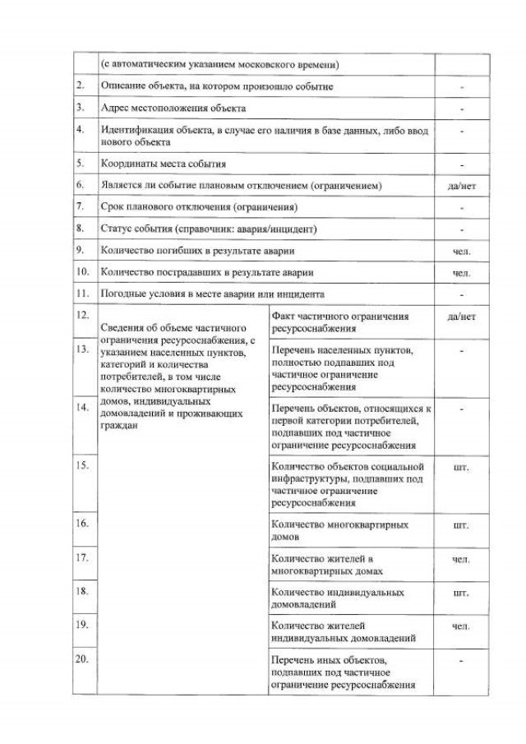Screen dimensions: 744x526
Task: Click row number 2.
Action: (x=80, y=85)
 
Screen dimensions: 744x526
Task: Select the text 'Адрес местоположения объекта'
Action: (x=173, y=108)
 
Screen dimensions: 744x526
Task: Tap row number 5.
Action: (x=80, y=164)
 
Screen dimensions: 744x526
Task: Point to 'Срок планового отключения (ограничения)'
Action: (x=199, y=207)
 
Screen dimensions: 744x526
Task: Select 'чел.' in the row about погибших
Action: (x=461, y=251)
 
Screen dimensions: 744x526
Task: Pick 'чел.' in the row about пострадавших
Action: (x=461, y=272)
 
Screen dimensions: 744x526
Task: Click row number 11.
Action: (x=81, y=293)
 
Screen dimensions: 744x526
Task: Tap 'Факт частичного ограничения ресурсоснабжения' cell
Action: (x=339, y=322)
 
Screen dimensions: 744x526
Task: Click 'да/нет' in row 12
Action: (x=461, y=316)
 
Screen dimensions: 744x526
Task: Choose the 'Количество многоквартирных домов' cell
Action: (x=339, y=530)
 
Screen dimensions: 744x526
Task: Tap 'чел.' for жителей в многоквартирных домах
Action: (x=461, y=559)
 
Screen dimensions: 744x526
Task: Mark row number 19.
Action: (x=81, y=625)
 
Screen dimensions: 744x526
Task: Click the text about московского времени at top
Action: (x=219, y=64)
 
